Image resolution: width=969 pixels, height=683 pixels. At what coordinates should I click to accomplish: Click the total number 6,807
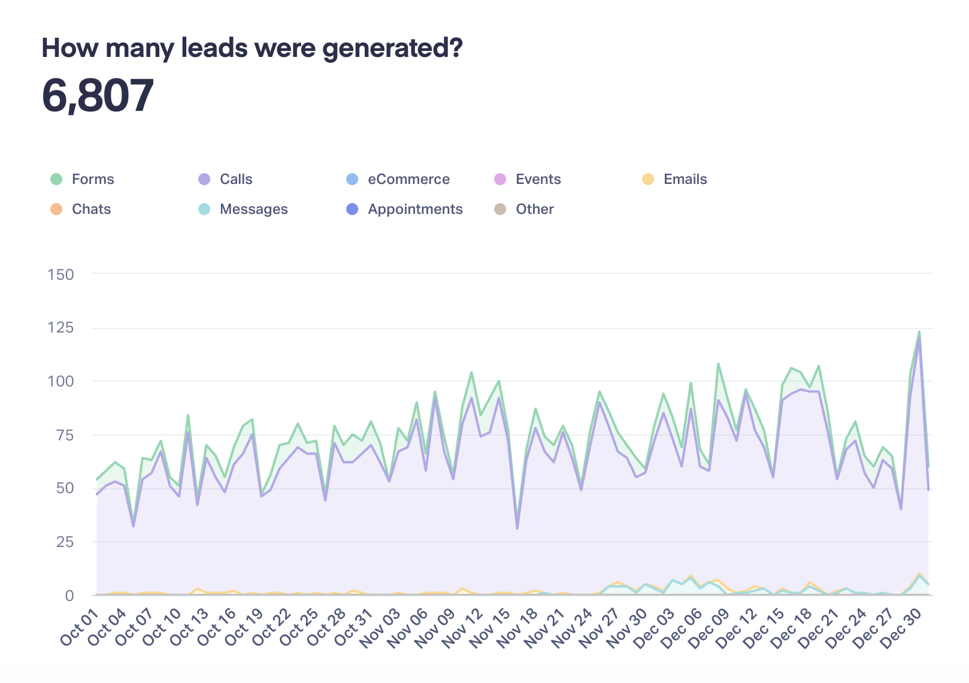point(98,95)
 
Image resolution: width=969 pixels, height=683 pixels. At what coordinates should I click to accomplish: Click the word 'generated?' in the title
point(392,48)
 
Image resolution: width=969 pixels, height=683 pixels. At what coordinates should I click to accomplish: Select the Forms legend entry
point(92,179)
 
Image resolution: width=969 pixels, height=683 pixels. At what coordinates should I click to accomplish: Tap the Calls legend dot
point(204,179)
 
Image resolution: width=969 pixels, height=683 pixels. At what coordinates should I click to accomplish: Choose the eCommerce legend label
point(408,179)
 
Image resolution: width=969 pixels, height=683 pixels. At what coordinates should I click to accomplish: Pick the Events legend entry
point(537,179)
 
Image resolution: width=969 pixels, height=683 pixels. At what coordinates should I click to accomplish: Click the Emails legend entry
point(685,179)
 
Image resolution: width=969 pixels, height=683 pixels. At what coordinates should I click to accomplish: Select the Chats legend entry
point(91,209)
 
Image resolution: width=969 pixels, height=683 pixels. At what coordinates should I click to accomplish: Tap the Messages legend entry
point(253,209)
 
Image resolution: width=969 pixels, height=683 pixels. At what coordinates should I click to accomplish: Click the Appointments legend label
point(415,209)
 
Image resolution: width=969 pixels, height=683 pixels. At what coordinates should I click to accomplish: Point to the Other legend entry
point(534,209)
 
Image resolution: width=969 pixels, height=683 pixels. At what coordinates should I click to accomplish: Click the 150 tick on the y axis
point(61,274)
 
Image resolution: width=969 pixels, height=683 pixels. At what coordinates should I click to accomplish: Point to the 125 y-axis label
point(61,328)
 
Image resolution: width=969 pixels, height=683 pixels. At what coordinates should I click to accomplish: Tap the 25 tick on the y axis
point(65,542)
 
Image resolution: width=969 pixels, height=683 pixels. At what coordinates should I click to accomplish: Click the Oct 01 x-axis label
point(79,627)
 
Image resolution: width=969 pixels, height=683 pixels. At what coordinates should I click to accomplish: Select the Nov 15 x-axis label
point(490,627)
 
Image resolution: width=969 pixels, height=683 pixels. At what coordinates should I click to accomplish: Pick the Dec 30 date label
point(901,627)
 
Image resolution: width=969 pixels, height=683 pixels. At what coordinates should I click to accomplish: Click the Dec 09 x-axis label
point(709,627)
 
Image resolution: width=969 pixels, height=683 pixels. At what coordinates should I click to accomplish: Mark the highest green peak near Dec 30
point(919,332)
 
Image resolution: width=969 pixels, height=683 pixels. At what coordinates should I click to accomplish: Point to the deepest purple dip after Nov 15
point(517,528)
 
